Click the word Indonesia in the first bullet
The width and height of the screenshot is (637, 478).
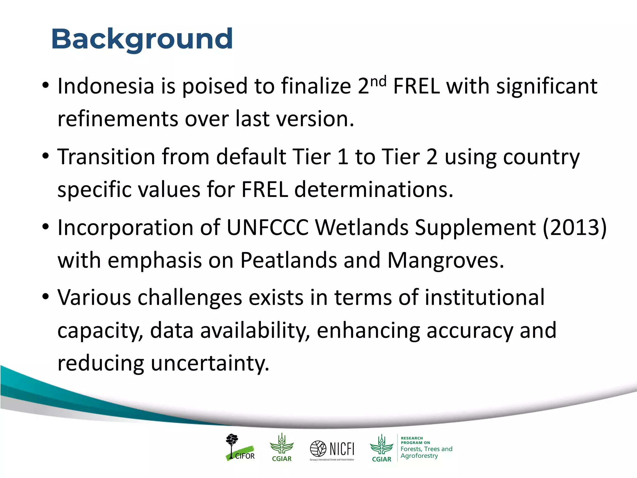pyautogui.click(x=106, y=86)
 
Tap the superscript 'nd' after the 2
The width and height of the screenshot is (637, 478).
pyautogui.click(x=379, y=82)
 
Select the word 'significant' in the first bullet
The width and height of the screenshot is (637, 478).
pyautogui.click(x=546, y=86)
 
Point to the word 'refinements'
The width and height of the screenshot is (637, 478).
pyautogui.click(x=118, y=119)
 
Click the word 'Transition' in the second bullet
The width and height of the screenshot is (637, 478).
pyautogui.click(x=106, y=157)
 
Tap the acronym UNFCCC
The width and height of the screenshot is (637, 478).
pyautogui.click(x=267, y=227)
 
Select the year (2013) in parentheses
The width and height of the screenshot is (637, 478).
pyautogui.click(x=575, y=227)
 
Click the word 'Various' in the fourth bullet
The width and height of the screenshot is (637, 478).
pyautogui.click(x=94, y=298)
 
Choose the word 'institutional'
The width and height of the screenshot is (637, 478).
pyautogui.click(x=485, y=298)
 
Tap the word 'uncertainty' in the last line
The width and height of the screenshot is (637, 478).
pyautogui.click(x=210, y=363)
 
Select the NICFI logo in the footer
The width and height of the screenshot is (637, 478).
pyautogui.click(x=332, y=449)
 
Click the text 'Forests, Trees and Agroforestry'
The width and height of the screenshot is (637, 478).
pyautogui.click(x=426, y=452)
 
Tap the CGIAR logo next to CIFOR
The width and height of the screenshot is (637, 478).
pyautogui.click(x=282, y=448)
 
